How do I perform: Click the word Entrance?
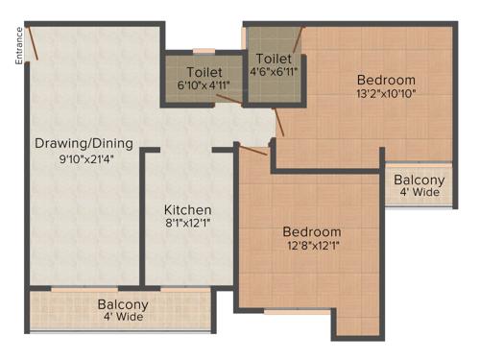pos(18,45)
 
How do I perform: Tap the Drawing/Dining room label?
pos(84,144)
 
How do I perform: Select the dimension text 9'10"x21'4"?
pos(84,160)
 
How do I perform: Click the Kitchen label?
pos(187,209)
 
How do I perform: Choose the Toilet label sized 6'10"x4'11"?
pos(204,71)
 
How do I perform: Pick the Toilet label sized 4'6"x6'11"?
pos(275,58)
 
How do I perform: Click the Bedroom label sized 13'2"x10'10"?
pos(386,79)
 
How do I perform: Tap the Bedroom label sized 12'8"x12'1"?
pos(312,232)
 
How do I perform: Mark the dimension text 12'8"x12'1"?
pos(312,248)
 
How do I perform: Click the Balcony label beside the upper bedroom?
pos(420,180)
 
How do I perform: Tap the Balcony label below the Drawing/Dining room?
pos(122,304)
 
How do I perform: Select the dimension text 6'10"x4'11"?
pos(204,84)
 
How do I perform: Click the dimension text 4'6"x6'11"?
pos(275,71)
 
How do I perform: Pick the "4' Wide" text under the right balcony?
pos(420,193)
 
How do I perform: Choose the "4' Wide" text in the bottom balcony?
pos(122,318)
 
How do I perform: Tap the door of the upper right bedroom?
pos(279,122)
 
